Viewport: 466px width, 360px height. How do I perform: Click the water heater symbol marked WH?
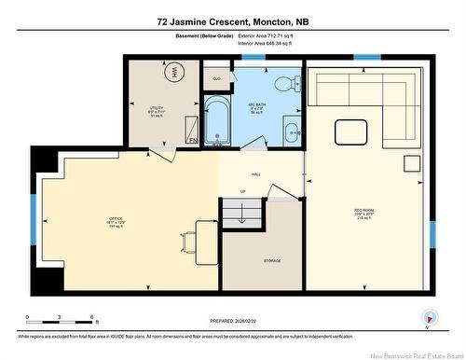point(173,72)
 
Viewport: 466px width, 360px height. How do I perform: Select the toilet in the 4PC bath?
point(285,81)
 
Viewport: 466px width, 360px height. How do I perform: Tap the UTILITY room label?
point(157,112)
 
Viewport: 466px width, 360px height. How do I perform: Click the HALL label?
point(255,173)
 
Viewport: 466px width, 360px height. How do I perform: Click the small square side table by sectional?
point(410,164)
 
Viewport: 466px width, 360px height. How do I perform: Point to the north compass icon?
point(428,317)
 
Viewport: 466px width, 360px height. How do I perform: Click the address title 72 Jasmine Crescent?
point(233,20)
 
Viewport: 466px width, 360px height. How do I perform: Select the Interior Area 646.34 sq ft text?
point(277,43)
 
